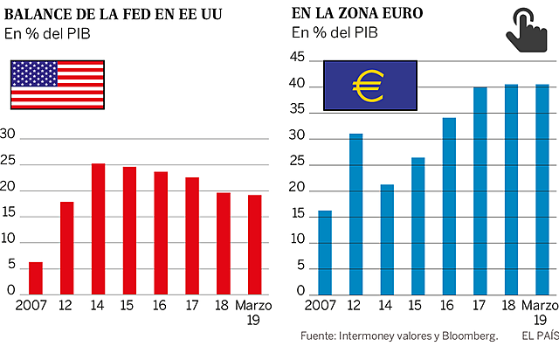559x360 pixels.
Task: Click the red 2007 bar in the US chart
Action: (x=36, y=278)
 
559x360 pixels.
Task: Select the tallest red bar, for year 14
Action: (x=99, y=229)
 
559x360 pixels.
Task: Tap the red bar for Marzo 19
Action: (x=255, y=245)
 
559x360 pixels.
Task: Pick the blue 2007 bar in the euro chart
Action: (x=325, y=253)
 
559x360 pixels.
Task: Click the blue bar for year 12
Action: (x=355, y=214)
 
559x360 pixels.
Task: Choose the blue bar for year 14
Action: (x=387, y=239)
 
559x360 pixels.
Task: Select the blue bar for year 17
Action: (x=480, y=190)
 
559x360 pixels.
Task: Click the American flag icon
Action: (x=58, y=85)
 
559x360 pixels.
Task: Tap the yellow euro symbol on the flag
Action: (x=369, y=85)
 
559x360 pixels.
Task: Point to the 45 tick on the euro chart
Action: (x=297, y=59)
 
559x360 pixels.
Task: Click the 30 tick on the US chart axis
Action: (x=9, y=134)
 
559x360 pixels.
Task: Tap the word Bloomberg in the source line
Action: (x=464, y=336)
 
